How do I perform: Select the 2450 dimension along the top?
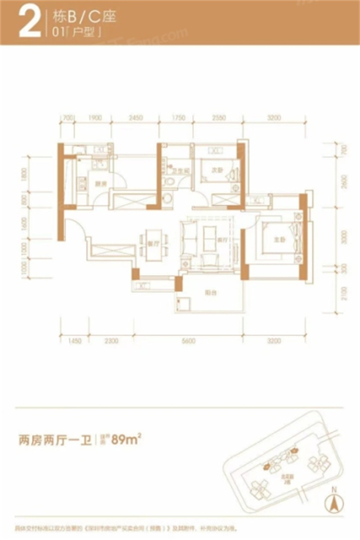pyautogui.click(x=135, y=118)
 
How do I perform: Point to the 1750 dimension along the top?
pyautogui.click(x=179, y=118)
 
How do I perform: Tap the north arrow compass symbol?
pyautogui.click(x=333, y=500)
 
